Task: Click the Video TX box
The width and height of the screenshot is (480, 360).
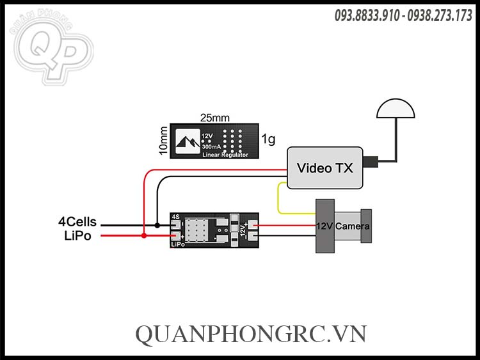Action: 324,168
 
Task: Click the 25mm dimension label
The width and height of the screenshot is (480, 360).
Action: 215,118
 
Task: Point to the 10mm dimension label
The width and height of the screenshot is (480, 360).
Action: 163,140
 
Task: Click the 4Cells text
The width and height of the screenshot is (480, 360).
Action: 77,222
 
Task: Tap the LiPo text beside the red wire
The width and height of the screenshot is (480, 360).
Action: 77,236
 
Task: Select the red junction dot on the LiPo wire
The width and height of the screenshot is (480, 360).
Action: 144,236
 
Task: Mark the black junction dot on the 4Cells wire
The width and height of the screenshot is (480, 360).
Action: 157,225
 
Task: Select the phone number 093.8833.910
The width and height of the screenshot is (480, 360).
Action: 365,16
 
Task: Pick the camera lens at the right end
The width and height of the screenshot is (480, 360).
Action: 365,226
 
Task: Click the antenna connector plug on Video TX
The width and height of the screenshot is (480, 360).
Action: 371,161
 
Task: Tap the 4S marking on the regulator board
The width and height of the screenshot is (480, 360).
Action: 175,217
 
